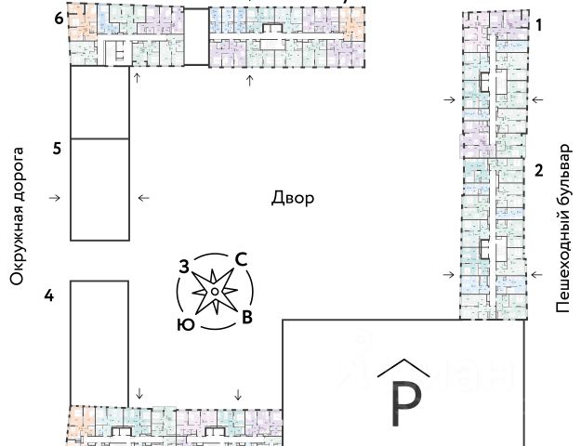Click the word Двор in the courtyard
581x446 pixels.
click(292, 198)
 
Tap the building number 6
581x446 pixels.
click(59, 19)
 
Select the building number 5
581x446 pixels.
click(57, 149)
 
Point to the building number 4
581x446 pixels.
click(49, 295)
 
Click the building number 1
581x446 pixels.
click(538, 26)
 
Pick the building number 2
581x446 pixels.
click(538, 170)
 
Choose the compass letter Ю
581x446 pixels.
click(185, 324)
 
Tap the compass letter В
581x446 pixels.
click(246, 318)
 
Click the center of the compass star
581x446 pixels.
click(215, 293)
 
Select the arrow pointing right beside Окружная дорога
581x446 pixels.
click(55, 198)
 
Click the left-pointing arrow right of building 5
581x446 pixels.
click(143, 198)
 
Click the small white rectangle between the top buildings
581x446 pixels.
click(195, 36)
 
